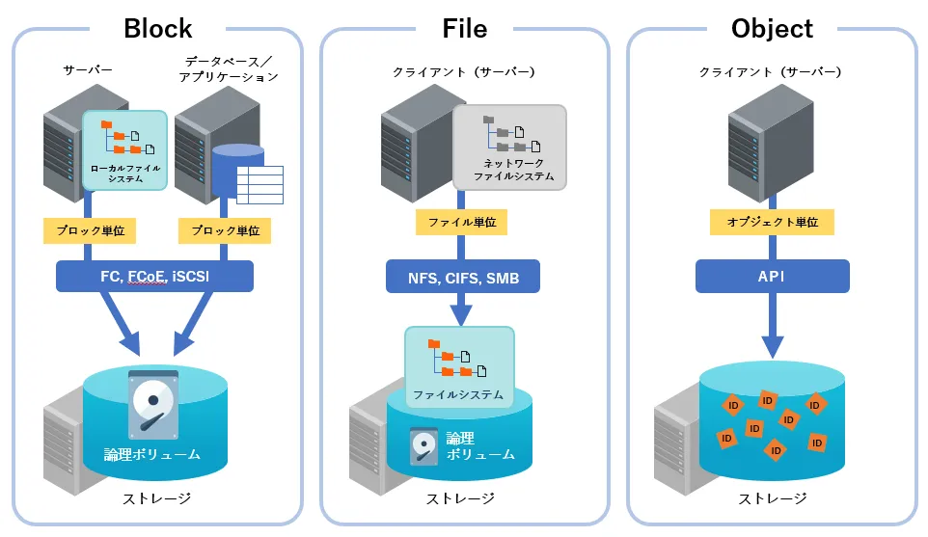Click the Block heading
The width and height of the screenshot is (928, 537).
[158, 28]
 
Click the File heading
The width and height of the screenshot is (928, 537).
[464, 28]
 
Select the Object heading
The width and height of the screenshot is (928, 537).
[772, 28]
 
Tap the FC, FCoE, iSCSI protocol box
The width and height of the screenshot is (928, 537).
[154, 277]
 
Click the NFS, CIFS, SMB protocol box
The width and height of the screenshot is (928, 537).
[463, 279]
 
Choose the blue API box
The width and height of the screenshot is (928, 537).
[772, 278]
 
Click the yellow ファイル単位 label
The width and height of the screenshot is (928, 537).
[462, 222]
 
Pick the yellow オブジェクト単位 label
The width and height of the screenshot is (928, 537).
[772, 222]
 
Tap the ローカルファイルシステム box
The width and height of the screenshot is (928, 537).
[125, 150]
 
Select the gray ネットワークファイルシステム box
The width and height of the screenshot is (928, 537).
[509, 147]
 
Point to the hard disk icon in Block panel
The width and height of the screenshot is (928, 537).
[152, 404]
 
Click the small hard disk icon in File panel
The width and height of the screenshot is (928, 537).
[423, 446]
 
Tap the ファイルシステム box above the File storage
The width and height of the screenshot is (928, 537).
[458, 365]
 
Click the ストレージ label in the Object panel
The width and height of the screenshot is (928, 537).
[772, 498]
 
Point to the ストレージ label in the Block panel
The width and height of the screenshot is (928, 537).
[156, 498]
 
